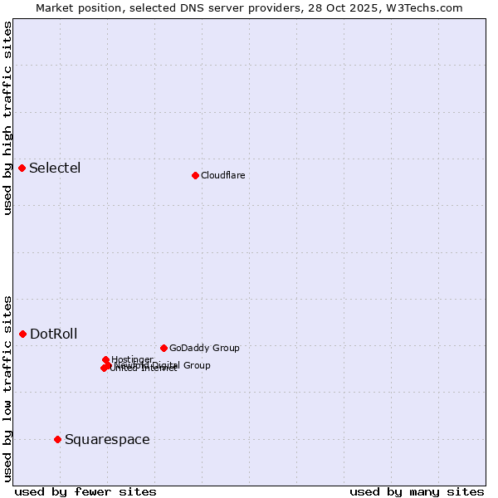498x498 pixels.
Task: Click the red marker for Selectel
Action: [22, 168]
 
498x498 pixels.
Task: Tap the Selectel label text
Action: [55, 168]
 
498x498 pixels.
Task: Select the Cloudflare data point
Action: [195, 175]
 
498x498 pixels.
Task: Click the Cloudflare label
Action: [222, 175]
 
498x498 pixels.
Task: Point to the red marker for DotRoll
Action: [23, 334]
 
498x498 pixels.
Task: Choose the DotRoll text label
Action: [54, 334]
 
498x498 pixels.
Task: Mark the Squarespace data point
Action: [57, 439]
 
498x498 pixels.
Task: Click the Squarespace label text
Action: [107, 440]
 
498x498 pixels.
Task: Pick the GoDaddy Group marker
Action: [164, 348]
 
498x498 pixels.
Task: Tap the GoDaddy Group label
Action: [204, 348]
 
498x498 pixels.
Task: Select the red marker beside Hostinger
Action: [105, 359]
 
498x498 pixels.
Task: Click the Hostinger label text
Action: [133, 359]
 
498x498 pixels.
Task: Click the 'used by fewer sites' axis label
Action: [85, 491]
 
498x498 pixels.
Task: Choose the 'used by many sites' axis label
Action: [417, 491]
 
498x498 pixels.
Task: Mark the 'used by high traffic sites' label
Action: [8, 119]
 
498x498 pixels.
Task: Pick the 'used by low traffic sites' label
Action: [8, 388]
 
